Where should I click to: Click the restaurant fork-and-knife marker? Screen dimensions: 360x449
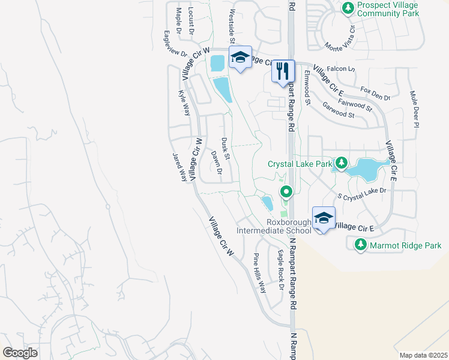[x=283, y=71]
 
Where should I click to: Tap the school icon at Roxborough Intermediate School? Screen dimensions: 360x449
[x=324, y=218]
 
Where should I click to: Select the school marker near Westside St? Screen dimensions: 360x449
[x=240, y=57]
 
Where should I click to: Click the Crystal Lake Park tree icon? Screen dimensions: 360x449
[x=341, y=163]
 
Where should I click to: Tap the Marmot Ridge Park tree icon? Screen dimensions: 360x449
[x=360, y=245]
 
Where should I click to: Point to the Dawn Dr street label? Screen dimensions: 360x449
[x=217, y=162]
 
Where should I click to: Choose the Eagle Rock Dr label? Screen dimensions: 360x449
[x=280, y=269]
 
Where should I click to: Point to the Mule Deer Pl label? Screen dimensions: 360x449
[x=414, y=109]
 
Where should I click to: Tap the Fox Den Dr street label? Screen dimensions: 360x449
[x=376, y=93]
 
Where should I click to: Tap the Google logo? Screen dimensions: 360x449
[x=20, y=353]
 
